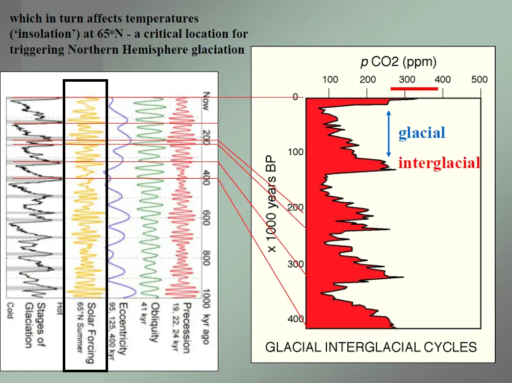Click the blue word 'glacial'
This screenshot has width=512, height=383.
tap(422, 133)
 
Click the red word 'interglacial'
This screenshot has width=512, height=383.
tap(439, 163)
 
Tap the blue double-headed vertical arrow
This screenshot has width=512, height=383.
tap(389, 134)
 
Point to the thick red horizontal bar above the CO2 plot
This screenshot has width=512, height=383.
tap(414, 89)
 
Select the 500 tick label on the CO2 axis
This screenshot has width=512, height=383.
tap(479, 79)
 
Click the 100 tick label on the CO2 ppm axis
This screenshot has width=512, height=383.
tap(330, 79)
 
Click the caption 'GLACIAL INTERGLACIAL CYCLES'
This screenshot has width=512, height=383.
tap(371, 347)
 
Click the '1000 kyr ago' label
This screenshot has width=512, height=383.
tap(206, 317)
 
